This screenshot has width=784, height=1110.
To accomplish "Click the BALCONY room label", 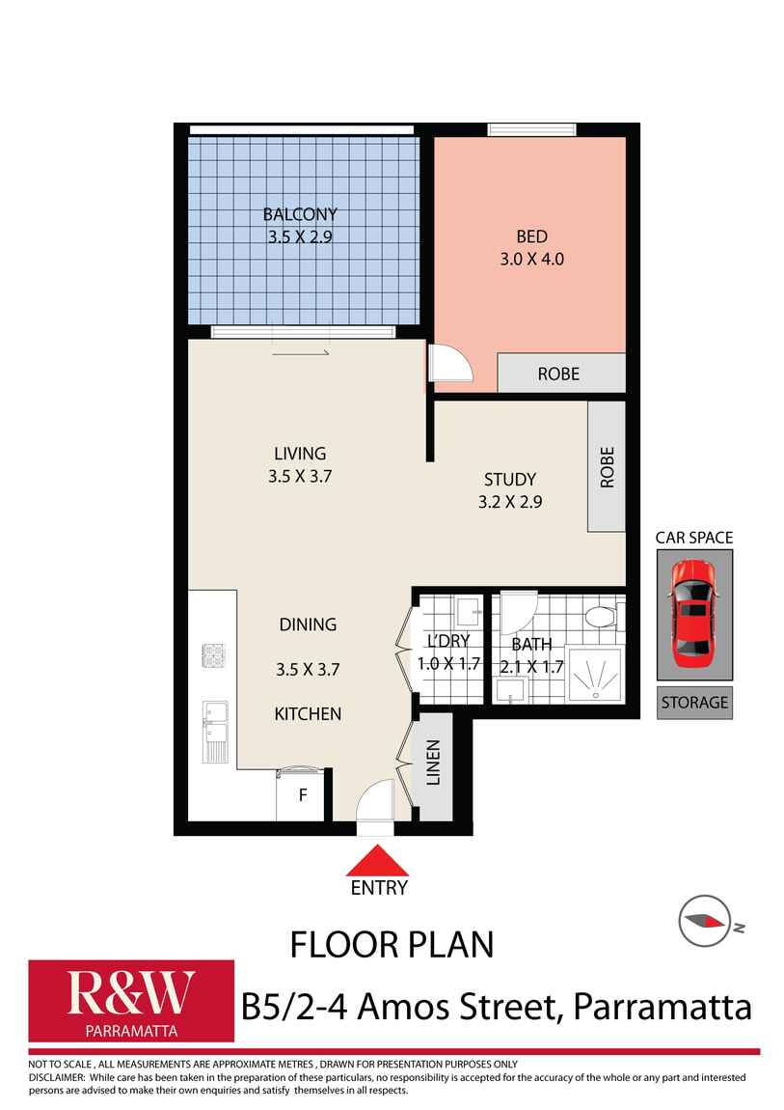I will [x=300, y=214].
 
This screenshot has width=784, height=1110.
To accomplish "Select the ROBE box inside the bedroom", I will [x=558, y=374].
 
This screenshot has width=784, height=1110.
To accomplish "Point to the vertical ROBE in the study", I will [x=607, y=466].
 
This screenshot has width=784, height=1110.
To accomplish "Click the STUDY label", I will [x=509, y=479].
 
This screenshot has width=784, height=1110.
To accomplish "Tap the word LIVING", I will [x=300, y=453].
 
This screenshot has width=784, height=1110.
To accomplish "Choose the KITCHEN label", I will [x=308, y=714].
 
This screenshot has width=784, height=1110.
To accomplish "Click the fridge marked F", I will [x=302, y=796].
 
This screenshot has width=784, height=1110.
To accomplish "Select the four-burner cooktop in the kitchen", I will [x=213, y=655].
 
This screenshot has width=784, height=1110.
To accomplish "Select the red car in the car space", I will [x=693, y=614].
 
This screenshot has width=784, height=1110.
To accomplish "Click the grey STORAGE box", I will [x=694, y=703].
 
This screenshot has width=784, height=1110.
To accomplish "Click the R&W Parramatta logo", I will [x=131, y=1000].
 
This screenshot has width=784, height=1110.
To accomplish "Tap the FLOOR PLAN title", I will [x=392, y=943].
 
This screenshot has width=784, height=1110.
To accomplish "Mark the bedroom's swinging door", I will [x=447, y=365].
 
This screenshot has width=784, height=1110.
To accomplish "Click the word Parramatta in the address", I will [x=662, y=1007].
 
